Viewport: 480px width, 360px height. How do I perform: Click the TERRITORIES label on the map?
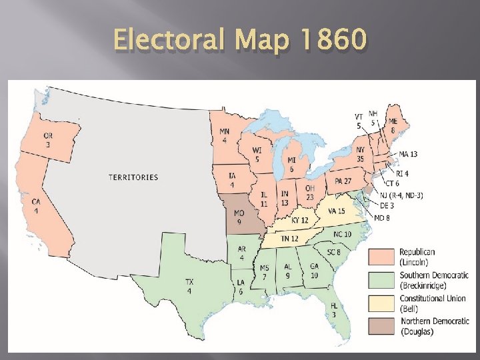(x=133, y=177)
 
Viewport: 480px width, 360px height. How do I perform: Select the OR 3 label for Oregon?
(x=49, y=140)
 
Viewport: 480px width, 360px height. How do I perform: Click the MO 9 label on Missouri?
(x=239, y=217)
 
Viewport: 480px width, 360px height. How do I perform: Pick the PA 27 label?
(x=343, y=181)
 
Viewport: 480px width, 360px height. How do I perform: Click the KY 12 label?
(x=299, y=220)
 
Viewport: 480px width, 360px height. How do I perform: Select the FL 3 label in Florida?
(x=333, y=309)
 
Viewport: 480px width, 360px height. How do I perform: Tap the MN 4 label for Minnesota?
(x=224, y=136)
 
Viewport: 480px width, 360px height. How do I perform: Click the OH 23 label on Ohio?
(x=310, y=192)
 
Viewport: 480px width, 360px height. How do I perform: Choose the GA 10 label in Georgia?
(x=314, y=270)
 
